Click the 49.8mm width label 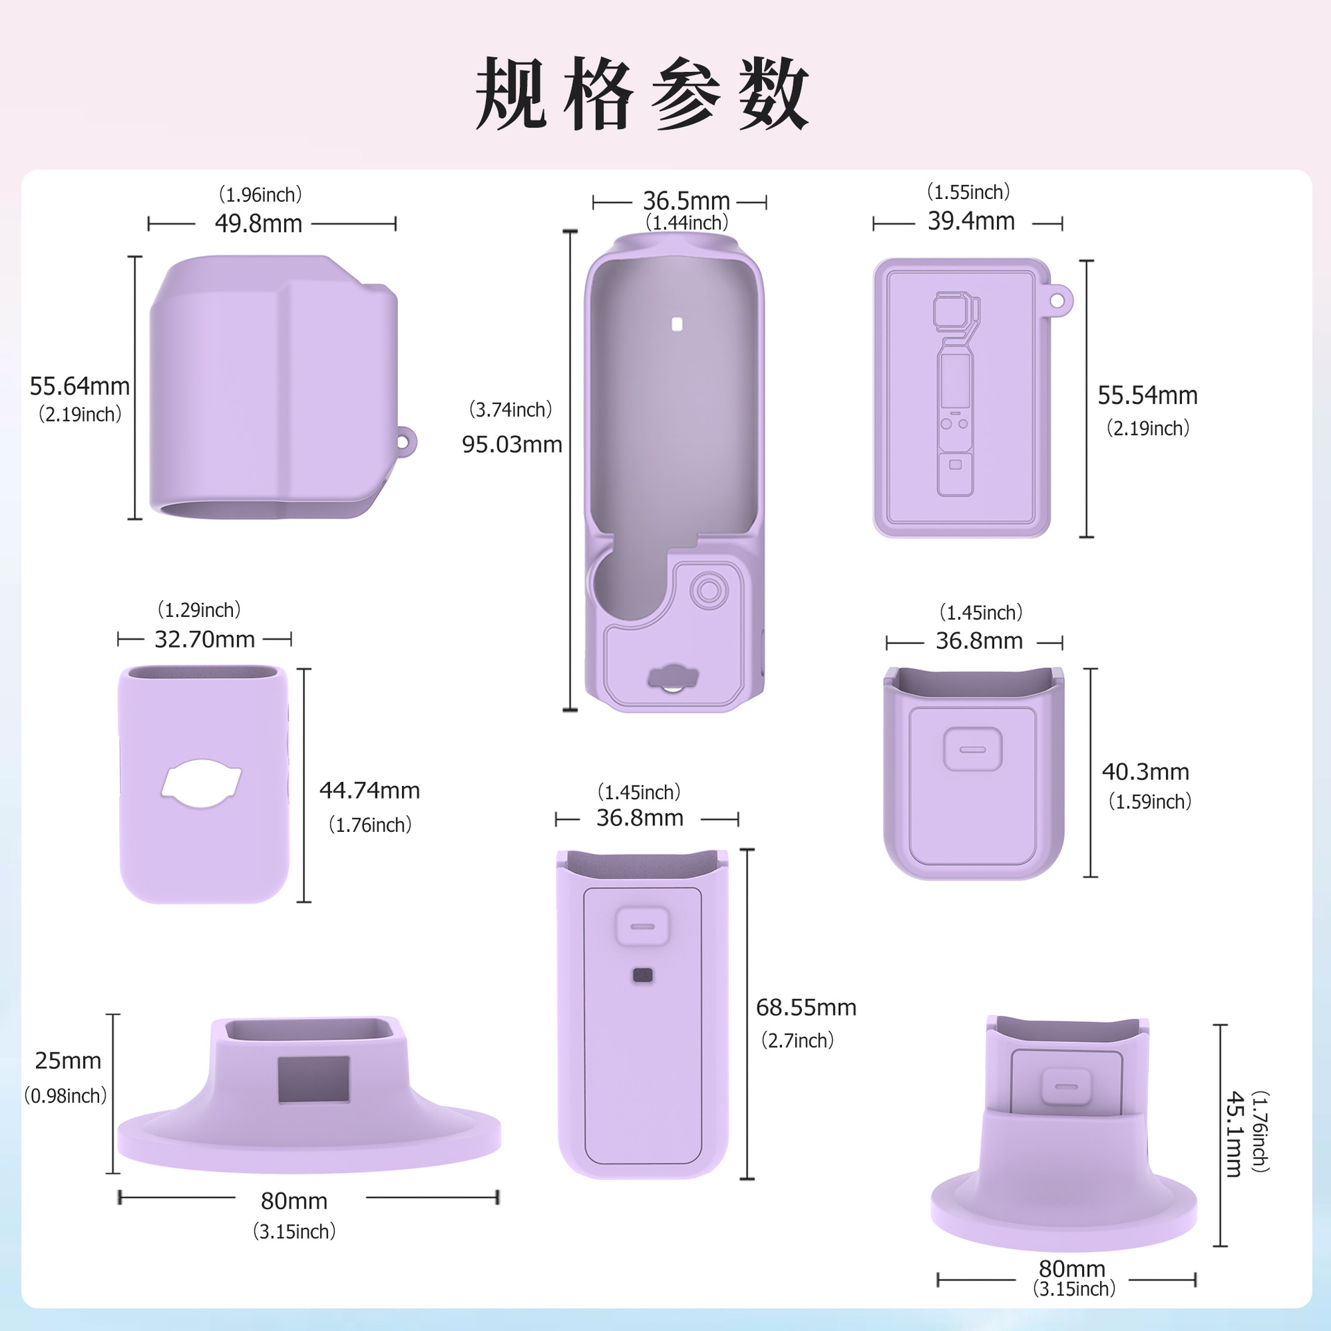coord(258,224)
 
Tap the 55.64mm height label coord(80,386)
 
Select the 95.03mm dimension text coord(512,444)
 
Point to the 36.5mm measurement coord(686,201)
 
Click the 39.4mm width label coord(971,221)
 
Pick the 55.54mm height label coord(1147,396)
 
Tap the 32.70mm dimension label coord(205,639)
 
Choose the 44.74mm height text coord(369,790)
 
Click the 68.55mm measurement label coord(806,1007)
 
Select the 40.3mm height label coord(1145,772)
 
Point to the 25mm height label coord(68,1061)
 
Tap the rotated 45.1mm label coord(1234,1134)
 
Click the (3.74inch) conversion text coord(511,410)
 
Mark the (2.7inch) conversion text coord(797,1041)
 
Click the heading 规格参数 coord(642,94)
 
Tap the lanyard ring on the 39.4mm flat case coord(1057,301)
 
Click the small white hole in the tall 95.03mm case coord(677,324)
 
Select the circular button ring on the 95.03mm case coord(708,591)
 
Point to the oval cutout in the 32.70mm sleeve coord(201,784)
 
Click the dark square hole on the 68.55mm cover coord(643,976)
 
